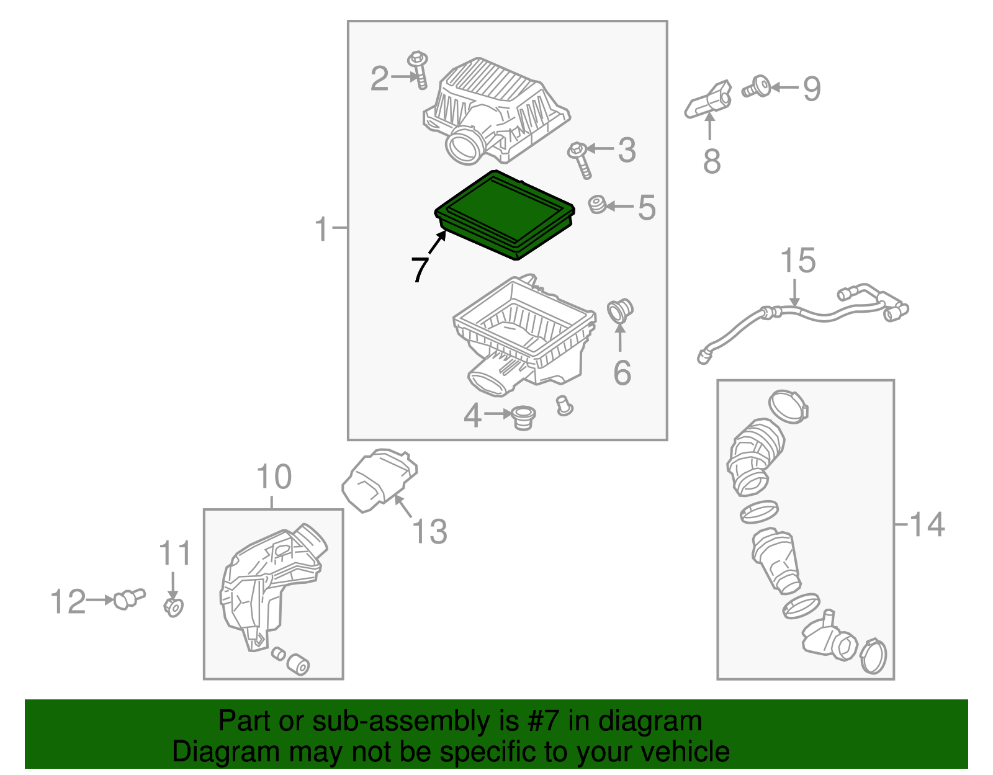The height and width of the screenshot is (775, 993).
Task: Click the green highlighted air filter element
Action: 505,215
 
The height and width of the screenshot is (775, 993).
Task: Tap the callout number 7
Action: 420,269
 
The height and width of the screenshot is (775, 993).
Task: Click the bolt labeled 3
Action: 580,160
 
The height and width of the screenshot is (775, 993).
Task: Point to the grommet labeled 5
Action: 597,204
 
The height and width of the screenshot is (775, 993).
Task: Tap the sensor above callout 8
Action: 708,99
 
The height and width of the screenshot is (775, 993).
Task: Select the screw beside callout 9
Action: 756,87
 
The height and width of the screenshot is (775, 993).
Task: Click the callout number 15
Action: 798,261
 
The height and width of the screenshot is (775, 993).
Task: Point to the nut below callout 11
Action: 173,607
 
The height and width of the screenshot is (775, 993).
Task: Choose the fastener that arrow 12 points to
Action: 129,599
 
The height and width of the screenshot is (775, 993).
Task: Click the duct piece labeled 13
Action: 379,480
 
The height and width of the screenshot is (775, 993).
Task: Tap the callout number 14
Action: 927,524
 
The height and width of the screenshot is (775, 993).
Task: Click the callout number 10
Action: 274,477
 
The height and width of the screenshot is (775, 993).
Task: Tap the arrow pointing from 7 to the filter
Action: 437,242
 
